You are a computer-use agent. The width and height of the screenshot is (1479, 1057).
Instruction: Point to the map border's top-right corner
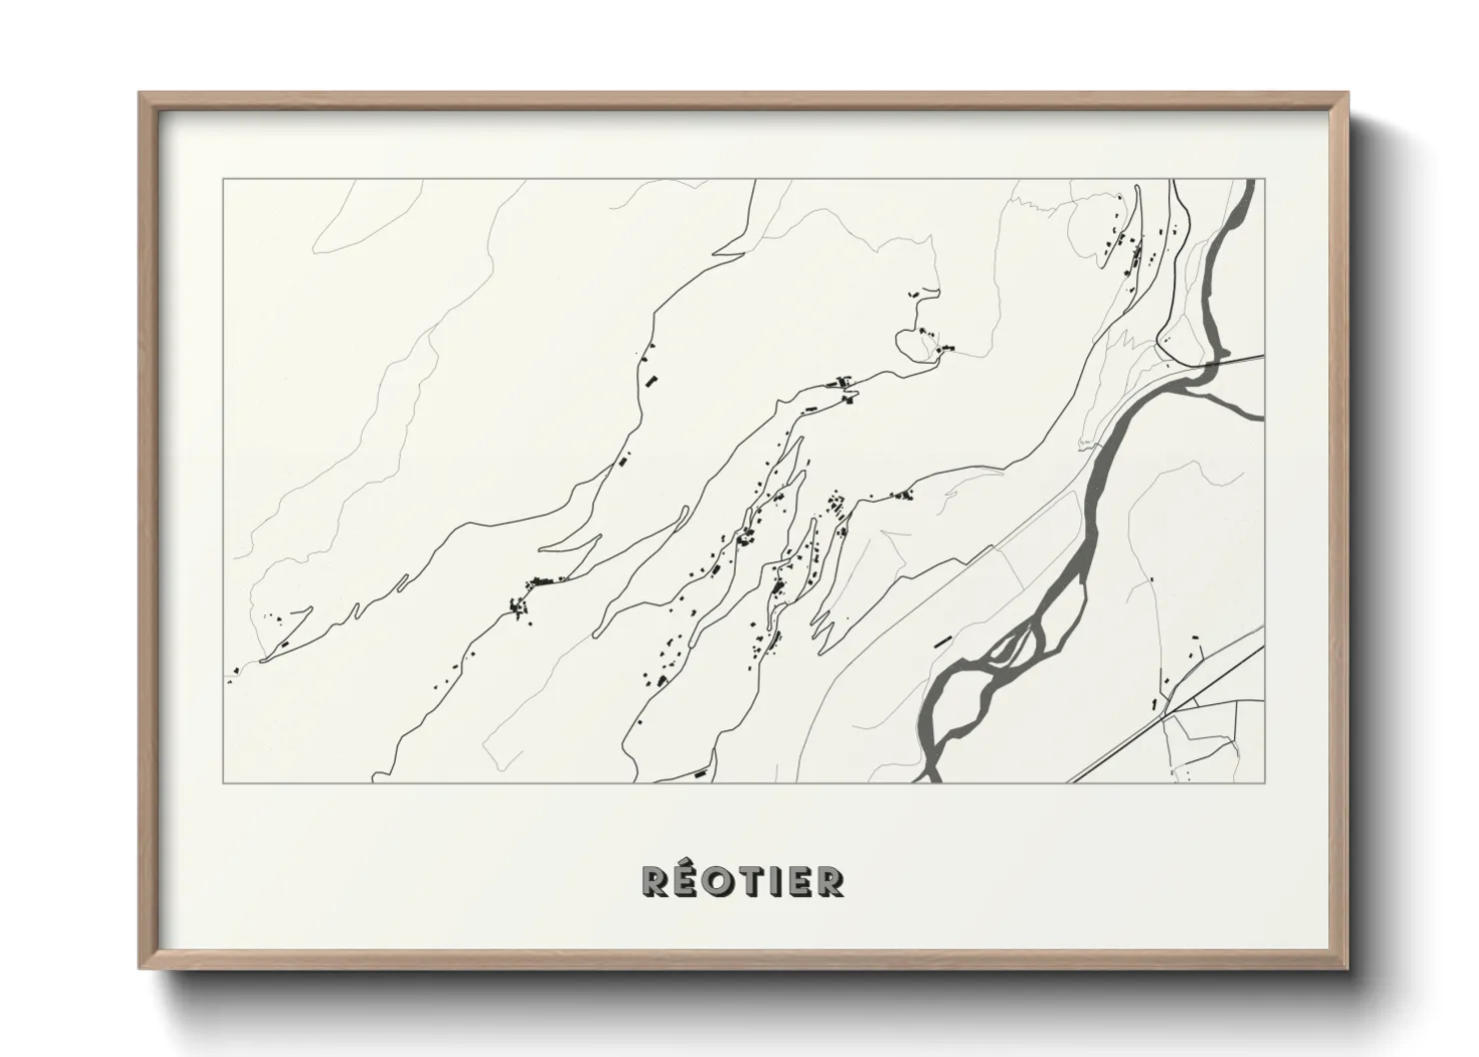(x=1264, y=180)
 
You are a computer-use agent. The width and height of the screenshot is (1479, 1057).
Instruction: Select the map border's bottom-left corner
(x=223, y=782)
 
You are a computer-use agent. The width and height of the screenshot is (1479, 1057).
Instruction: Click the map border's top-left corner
(x=223, y=180)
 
